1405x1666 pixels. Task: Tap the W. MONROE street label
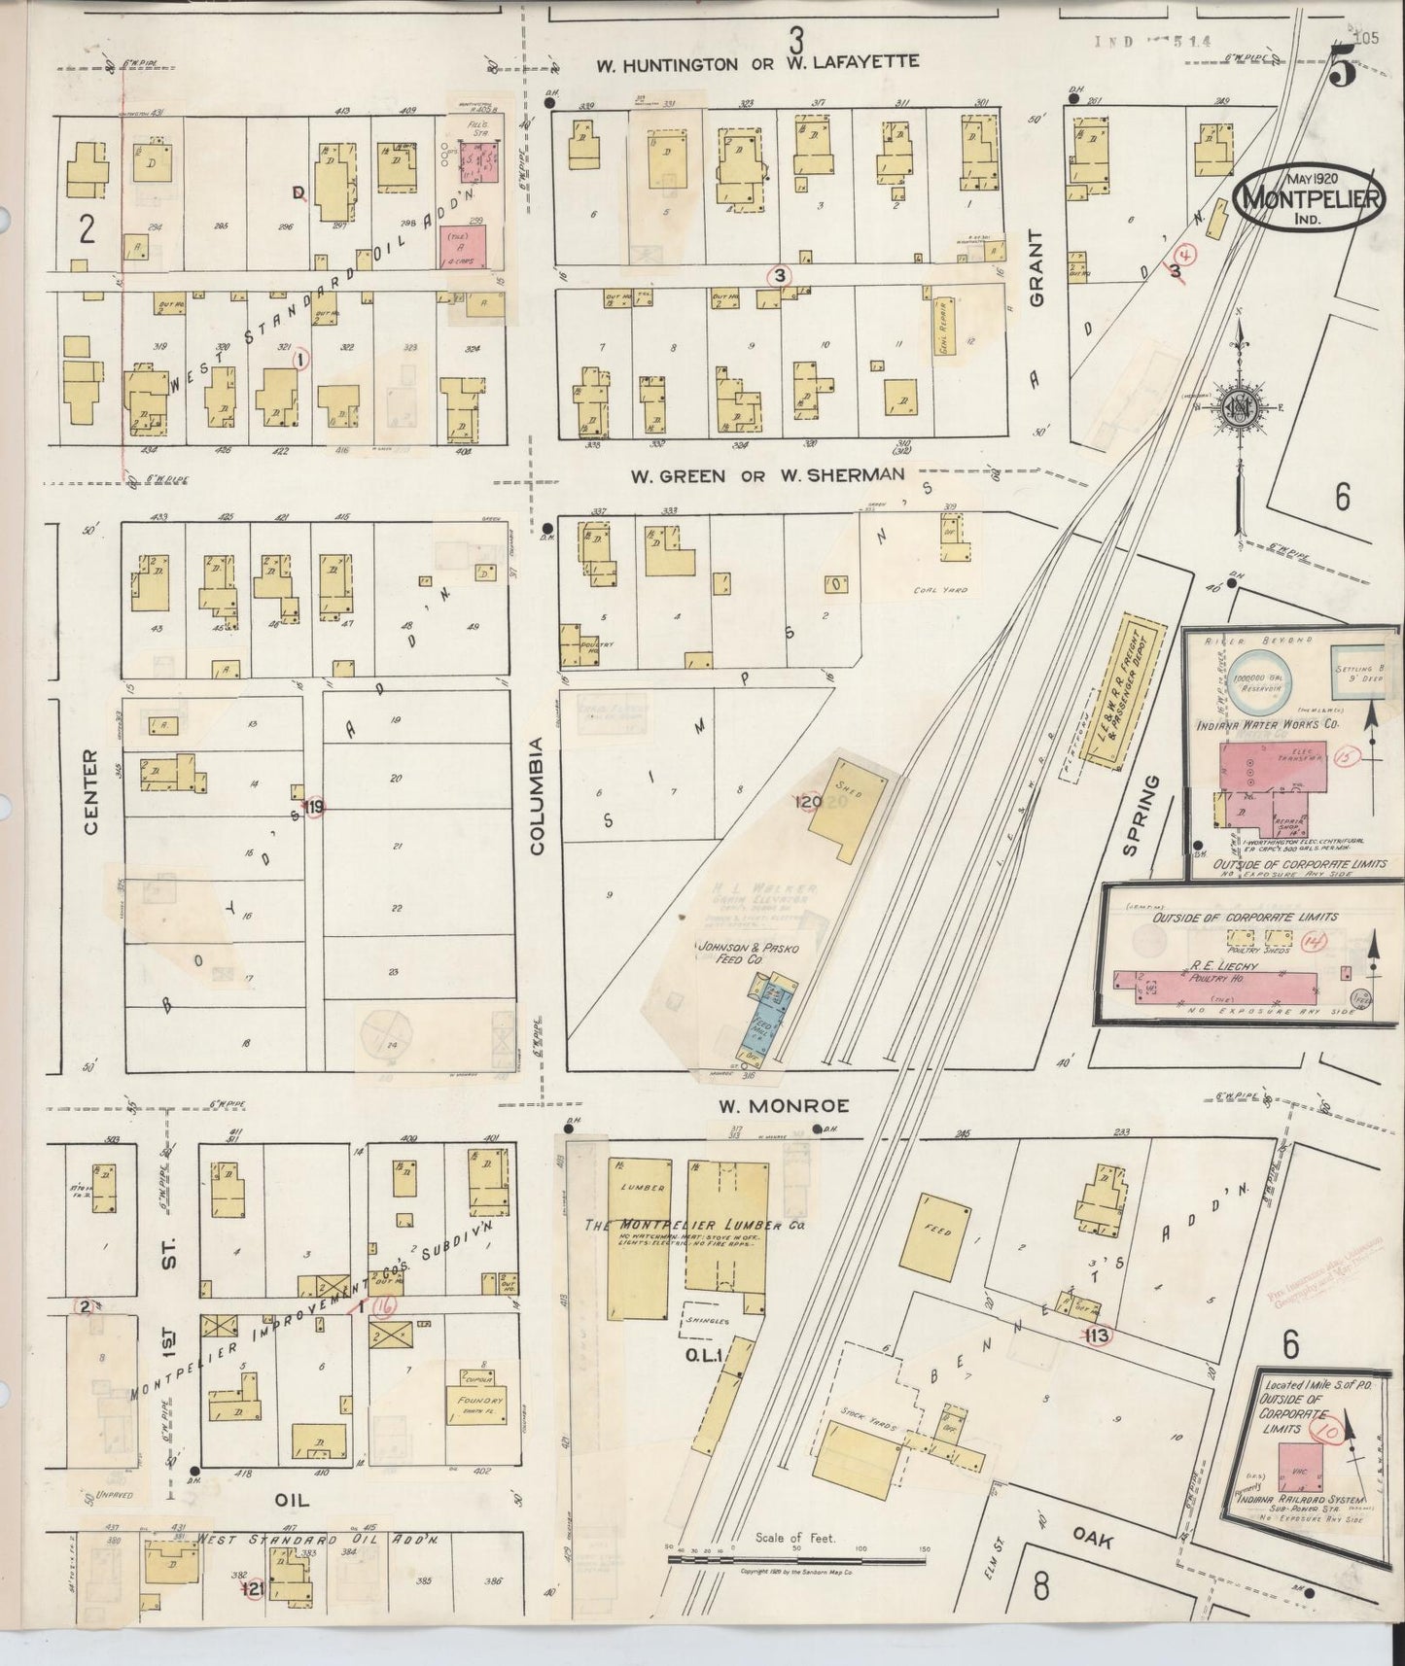point(784,1105)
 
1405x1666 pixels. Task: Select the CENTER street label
point(91,791)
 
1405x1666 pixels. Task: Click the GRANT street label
point(1036,269)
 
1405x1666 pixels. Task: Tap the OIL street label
point(292,1500)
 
